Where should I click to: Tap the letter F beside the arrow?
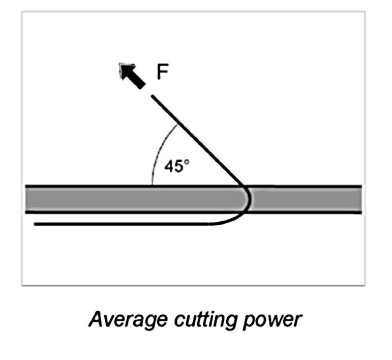pos(162,73)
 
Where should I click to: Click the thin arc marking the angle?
pos(158,153)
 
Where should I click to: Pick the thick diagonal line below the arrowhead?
pos(198,139)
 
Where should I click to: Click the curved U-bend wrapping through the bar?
pos(247,201)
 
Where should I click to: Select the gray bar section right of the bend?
pos(305,199)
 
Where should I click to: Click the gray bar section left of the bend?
pos(127,199)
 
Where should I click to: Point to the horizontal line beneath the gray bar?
pos(127,223)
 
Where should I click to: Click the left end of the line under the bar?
pos(35,223)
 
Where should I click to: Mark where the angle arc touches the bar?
pos(152,185)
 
